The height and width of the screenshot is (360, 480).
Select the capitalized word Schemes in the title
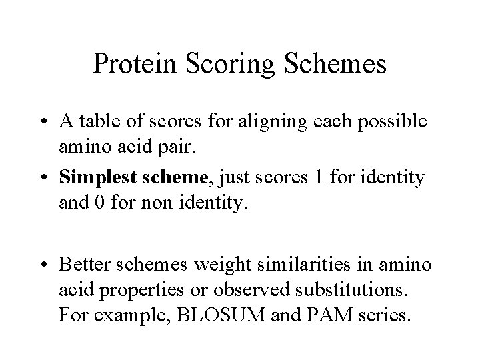[334, 64]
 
